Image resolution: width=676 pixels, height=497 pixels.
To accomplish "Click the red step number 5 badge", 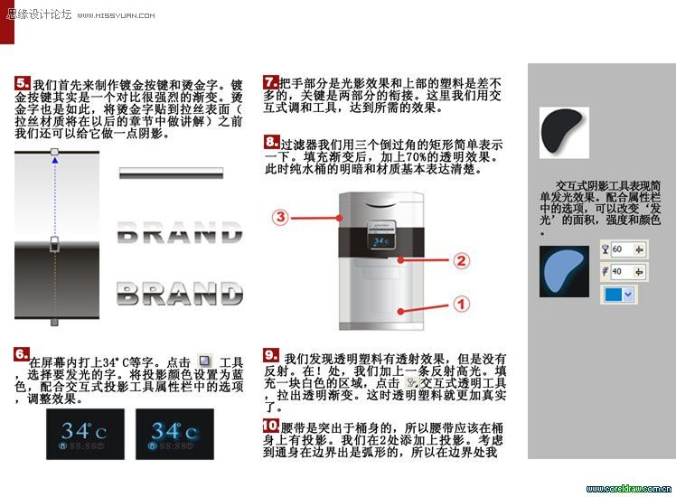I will (x=23, y=83).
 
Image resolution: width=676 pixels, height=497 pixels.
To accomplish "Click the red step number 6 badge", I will (x=21, y=354).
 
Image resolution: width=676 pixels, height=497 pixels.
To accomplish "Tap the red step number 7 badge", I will (x=270, y=81).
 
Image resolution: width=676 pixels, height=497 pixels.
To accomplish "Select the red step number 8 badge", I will (x=271, y=142).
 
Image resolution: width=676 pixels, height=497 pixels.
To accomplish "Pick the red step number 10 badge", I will (x=270, y=425).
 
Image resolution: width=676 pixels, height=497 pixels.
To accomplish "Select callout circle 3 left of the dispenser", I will (x=280, y=217).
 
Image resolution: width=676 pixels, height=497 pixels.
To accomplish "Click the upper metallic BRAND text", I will (x=180, y=234).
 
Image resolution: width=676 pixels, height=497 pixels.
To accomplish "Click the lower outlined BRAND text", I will (x=180, y=294).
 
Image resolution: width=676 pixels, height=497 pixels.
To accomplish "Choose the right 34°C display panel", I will (x=174, y=433).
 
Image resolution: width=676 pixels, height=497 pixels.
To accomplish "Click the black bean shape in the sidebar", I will (x=562, y=128).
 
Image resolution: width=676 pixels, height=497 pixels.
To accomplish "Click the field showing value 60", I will (x=623, y=248).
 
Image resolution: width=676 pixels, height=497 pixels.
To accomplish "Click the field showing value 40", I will (x=623, y=270).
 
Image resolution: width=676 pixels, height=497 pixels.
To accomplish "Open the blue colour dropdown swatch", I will (x=618, y=294).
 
